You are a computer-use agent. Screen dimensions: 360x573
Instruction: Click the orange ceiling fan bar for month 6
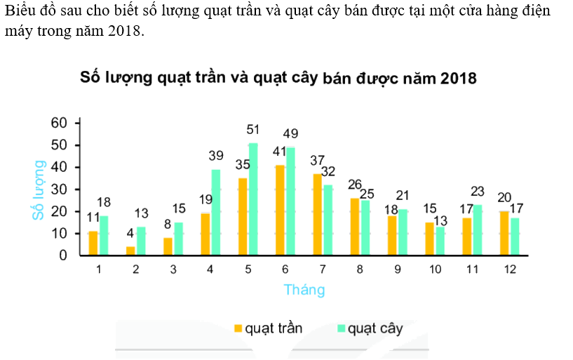coord(281,211)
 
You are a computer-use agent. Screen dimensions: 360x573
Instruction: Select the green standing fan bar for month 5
coord(253,199)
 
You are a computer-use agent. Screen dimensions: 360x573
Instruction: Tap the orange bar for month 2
coord(130,251)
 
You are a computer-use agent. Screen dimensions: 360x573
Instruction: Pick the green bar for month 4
coord(216,213)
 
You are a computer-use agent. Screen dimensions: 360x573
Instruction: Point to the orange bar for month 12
coord(505,234)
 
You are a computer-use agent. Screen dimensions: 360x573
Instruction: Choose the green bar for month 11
coord(478,230)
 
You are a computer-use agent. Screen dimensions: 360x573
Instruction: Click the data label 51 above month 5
coord(253,130)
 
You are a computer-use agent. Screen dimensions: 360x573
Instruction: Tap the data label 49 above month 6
coord(291,133)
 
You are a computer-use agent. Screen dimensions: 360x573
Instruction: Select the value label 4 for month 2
coord(130,234)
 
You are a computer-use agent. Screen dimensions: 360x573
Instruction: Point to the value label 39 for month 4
coord(216,156)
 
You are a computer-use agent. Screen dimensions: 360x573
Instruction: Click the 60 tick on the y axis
coord(60,123)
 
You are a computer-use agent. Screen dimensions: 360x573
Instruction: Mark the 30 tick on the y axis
coord(60,189)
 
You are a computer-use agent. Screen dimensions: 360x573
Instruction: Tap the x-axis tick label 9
coord(398,269)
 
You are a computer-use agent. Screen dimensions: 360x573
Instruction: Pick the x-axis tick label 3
coord(173,269)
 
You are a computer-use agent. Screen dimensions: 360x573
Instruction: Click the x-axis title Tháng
coord(304,289)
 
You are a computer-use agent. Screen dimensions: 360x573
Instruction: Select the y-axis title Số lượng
coord(40,189)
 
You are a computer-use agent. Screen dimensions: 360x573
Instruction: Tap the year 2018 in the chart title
coord(459,79)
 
